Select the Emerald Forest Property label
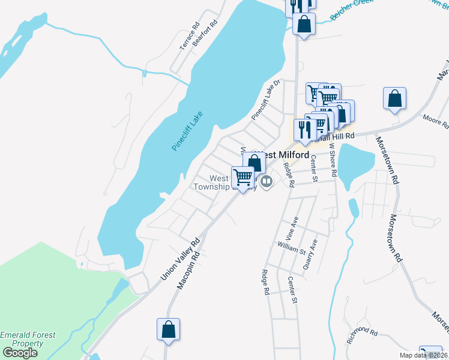28,340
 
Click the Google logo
19,353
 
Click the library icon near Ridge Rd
267,181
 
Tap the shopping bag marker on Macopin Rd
168,329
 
